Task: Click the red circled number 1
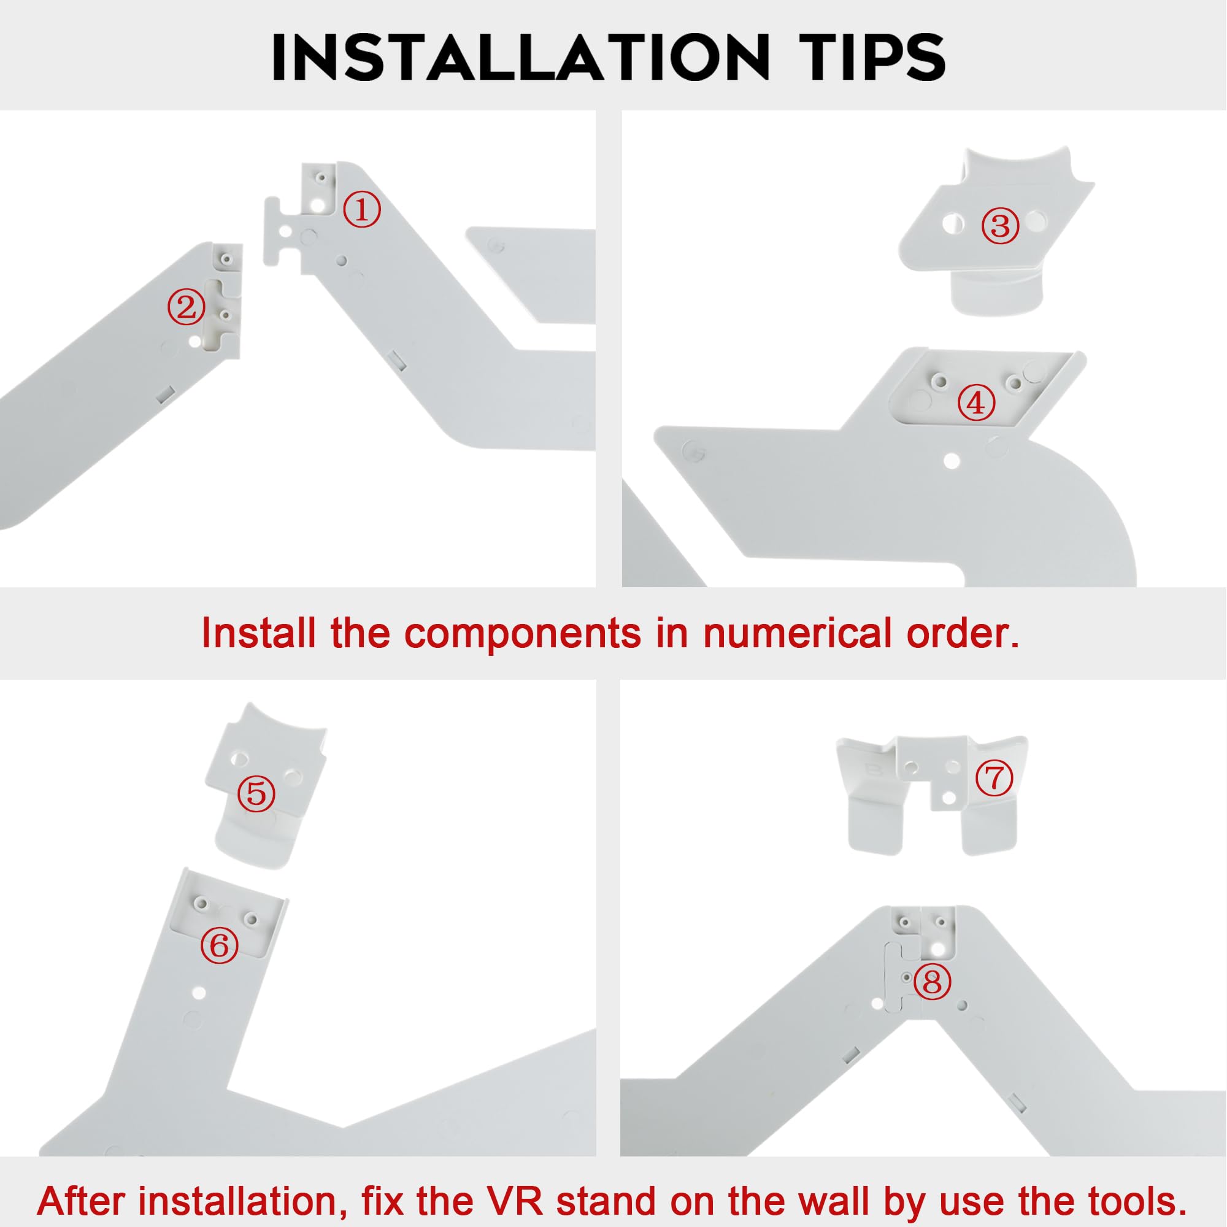point(362,211)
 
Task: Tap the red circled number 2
point(186,307)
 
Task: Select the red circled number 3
point(1000,225)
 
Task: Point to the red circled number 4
point(975,402)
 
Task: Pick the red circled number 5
point(256,793)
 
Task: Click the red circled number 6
point(219,946)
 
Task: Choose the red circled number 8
point(933,982)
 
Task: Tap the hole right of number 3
point(1035,221)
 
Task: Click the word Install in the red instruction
point(258,633)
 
